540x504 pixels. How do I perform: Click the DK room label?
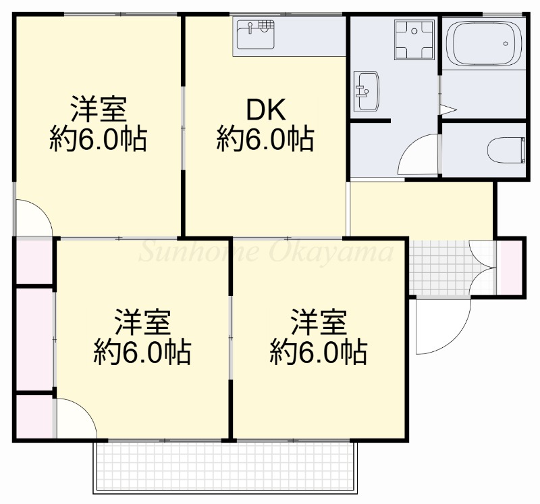(x=265, y=110)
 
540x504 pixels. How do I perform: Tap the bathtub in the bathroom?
(x=483, y=43)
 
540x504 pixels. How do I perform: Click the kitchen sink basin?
(x=256, y=35)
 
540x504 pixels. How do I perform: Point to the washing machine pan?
(x=414, y=40)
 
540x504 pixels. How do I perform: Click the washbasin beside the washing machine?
(x=367, y=91)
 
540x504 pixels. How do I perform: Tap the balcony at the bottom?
(x=225, y=466)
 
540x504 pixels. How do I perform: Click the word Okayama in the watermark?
(x=331, y=251)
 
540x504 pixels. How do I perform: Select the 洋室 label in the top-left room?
(x=99, y=109)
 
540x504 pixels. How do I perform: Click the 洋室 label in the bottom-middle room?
(x=143, y=322)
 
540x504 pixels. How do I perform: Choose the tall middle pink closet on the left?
(x=34, y=340)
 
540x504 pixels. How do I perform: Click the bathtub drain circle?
(x=505, y=43)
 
